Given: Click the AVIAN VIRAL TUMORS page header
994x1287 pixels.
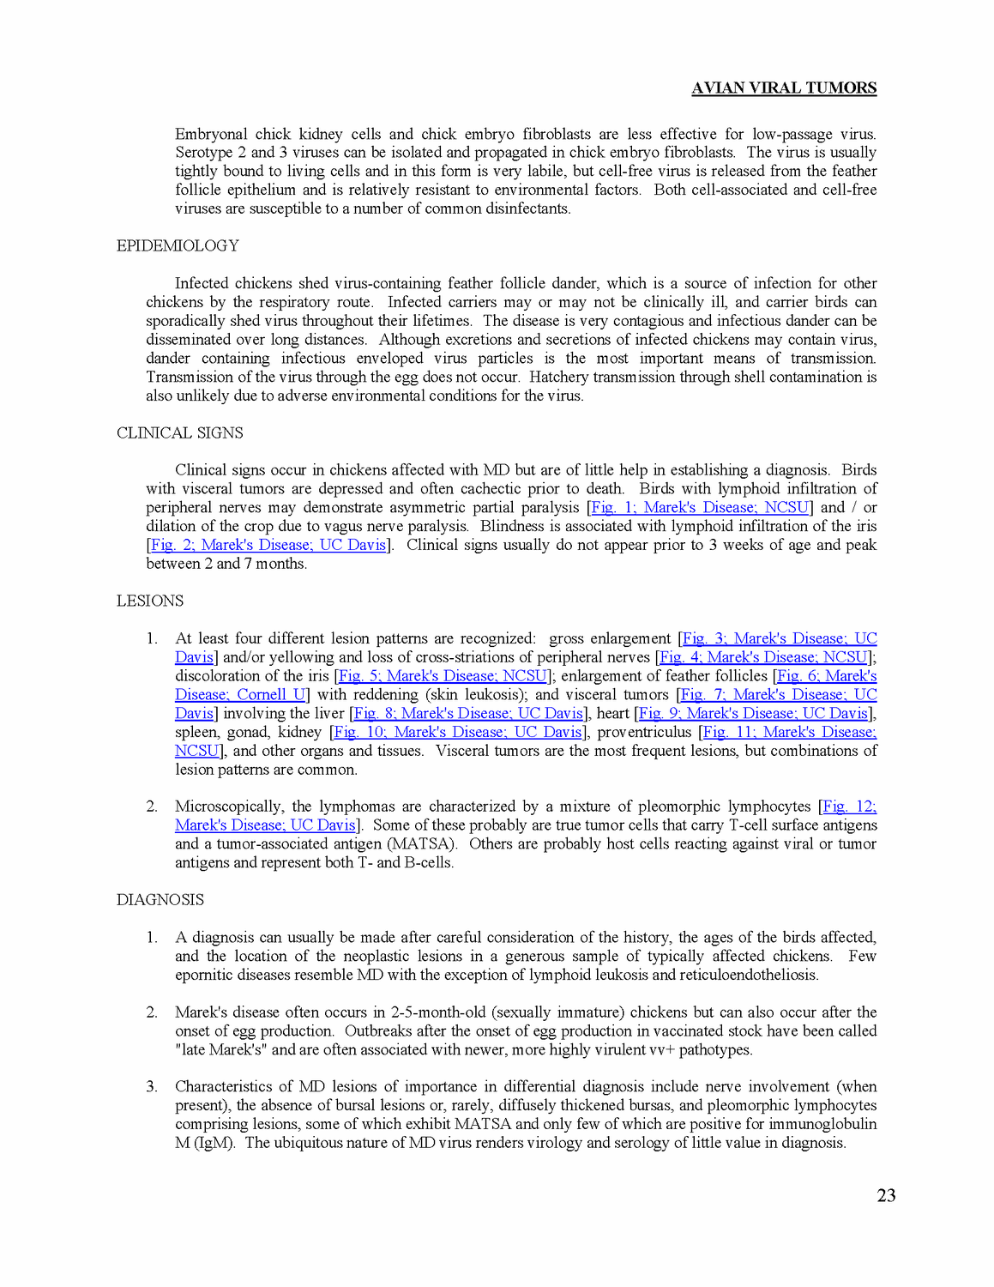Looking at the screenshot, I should click(784, 88).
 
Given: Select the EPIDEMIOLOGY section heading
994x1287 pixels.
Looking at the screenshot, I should click(178, 246).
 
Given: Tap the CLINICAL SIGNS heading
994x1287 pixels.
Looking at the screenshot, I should click(180, 433).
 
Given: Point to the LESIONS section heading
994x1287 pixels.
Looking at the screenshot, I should click(150, 601).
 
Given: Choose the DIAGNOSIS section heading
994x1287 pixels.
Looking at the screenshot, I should click(160, 900).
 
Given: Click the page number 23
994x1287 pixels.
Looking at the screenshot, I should click(886, 1195).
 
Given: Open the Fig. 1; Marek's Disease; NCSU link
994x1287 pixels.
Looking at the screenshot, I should click(700, 508).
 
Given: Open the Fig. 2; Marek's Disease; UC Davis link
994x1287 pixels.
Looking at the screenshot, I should click(268, 546).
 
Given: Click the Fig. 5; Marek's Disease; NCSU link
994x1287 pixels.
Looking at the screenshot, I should click(443, 676).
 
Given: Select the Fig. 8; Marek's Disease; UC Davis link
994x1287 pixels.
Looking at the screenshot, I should click(468, 714).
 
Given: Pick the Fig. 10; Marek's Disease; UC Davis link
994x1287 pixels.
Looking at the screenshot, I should click(458, 733).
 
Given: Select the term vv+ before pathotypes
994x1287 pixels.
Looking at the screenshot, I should click(660, 1050).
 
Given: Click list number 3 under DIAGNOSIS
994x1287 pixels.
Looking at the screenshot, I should click(151, 1087).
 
